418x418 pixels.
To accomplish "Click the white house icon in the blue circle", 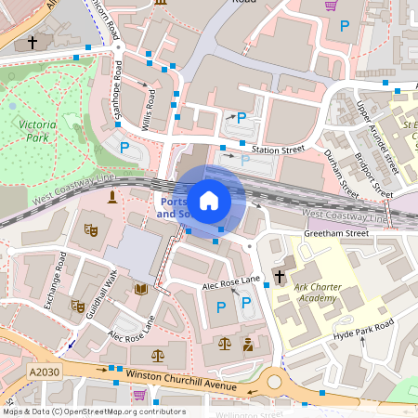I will click(209, 200).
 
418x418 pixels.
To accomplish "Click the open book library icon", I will click(141, 290).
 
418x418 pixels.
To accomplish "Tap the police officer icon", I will click(247, 344).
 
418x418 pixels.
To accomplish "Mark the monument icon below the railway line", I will click(112, 197).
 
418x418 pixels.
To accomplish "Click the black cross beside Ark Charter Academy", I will click(279, 276).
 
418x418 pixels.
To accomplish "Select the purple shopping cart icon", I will click(330, 6).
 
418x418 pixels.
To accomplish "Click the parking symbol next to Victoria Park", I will click(124, 146).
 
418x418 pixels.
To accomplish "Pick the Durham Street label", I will click(341, 173).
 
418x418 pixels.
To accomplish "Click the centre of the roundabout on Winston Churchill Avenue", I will click(275, 381).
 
